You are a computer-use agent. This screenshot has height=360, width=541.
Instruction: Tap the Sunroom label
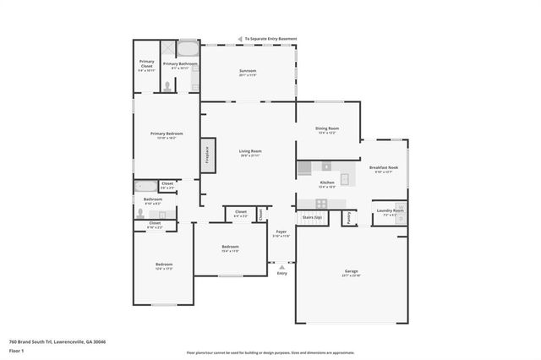point(248,71)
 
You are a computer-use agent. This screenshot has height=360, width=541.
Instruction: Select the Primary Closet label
point(146,64)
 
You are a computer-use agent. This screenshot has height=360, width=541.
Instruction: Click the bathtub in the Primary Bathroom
point(187,49)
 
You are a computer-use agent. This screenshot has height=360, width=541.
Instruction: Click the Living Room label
point(249,151)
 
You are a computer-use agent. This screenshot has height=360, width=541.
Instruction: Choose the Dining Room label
point(327,128)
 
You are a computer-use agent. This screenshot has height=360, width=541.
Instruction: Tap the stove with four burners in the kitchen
point(321,204)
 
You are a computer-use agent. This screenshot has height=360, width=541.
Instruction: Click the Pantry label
point(348,217)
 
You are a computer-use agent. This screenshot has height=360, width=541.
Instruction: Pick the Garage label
point(351,272)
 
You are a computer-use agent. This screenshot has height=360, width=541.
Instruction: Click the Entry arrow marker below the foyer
point(281,267)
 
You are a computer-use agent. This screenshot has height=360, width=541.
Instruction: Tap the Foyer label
point(281,231)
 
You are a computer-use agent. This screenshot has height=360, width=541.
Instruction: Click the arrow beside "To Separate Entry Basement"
point(241,38)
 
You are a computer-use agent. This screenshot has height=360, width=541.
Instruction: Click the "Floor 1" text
point(16,350)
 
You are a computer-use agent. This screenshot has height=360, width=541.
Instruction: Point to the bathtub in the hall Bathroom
point(145,187)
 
